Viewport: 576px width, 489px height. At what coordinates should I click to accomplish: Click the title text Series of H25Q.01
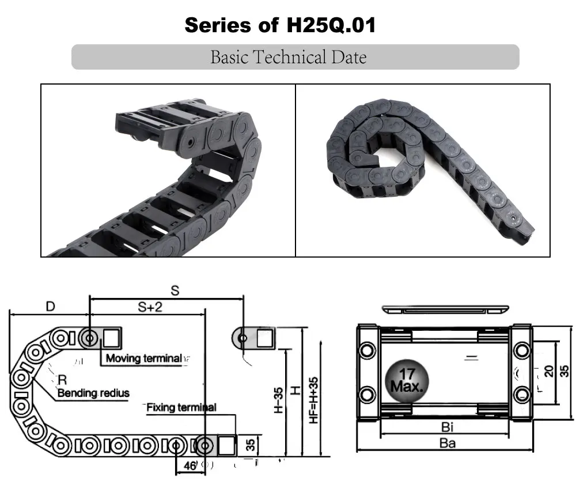point(280,25)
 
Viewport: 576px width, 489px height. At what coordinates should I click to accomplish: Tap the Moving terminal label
point(143,358)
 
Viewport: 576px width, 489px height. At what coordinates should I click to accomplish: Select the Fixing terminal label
point(181,407)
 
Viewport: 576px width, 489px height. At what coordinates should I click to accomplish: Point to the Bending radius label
point(93,393)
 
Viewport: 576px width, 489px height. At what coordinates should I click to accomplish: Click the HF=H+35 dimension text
point(314,400)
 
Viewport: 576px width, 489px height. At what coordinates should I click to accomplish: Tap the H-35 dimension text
point(278,400)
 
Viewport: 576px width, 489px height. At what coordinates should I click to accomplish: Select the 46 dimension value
point(190,466)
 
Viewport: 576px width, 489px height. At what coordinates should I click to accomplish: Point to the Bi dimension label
point(446,427)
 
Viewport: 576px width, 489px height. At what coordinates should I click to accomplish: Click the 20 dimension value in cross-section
point(548,371)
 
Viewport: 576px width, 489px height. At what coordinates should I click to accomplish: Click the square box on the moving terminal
point(112,337)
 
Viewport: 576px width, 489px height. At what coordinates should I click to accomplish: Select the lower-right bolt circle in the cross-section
point(522,394)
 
